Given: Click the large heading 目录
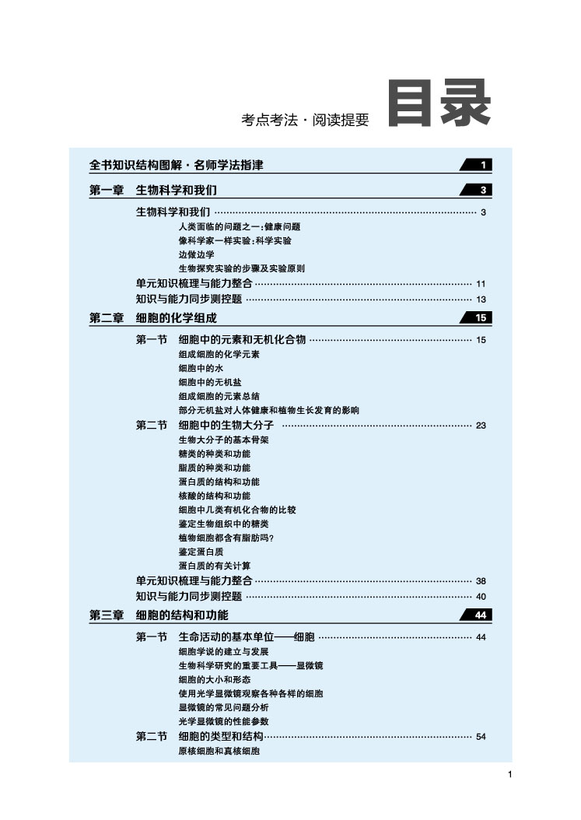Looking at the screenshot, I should pyautogui.click(x=439, y=103).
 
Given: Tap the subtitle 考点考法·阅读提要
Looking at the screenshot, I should pyautogui.click(x=305, y=120).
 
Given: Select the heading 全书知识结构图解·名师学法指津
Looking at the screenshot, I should pyautogui.click(x=180, y=165).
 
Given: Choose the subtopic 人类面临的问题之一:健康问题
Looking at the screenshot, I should pyautogui.click(x=240, y=226).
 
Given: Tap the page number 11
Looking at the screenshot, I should pyautogui.click(x=481, y=284).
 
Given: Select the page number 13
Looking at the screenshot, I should pyautogui.click(x=481, y=299).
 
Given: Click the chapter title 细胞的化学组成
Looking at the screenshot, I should pyautogui.click(x=177, y=317).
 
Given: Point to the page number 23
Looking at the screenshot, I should pyautogui.click(x=481, y=425).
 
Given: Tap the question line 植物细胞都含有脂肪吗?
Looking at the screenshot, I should pyautogui.click(x=226, y=538).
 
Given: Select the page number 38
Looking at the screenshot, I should pyautogui.click(x=481, y=581).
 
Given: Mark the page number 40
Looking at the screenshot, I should pyautogui.click(x=481, y=597).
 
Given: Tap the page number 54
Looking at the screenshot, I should pyautogui.click(x=481, y=737).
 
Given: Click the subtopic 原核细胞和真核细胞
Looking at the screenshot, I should pyautogui.click(x=219, y=752).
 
